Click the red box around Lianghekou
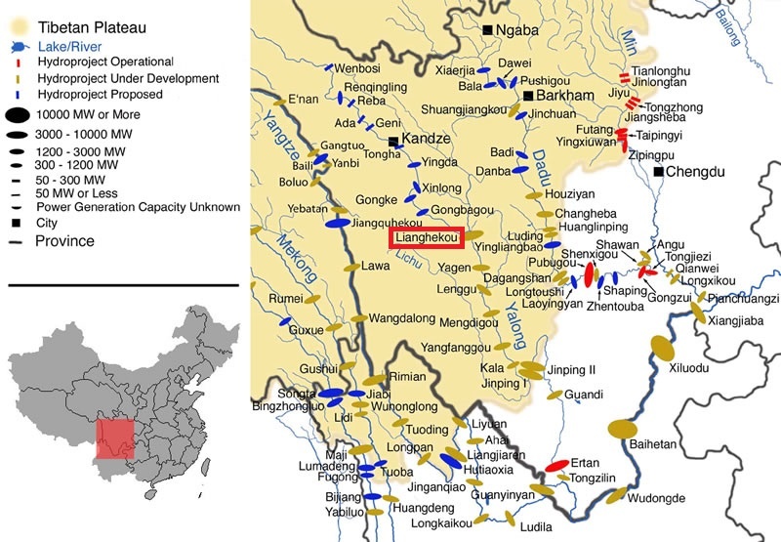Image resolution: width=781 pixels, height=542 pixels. tap(427, 236)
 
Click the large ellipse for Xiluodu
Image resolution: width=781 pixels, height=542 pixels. tap(663, 346)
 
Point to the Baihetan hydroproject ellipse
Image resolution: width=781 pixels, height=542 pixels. tap(622, 428)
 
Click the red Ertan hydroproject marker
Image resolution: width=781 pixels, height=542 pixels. tap(557, 465)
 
